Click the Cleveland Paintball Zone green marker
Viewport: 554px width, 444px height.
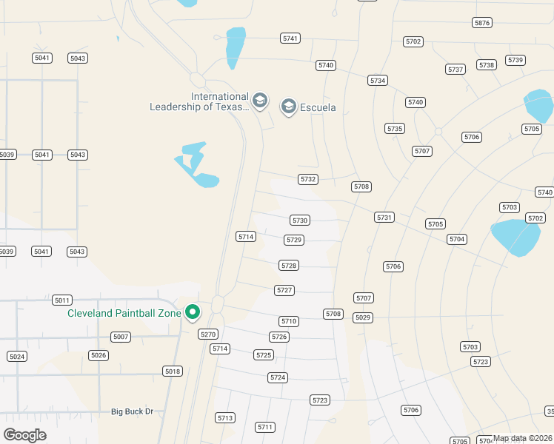click(193, 313)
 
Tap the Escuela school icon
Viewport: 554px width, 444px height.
click(289, 107)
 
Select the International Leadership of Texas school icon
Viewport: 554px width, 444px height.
click(259, 100)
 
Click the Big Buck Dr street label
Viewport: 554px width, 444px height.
click(132, 411)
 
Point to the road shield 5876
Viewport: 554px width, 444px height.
click(482, 23)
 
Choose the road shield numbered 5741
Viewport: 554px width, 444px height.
click(290, 38)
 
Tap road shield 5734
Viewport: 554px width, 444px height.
click(378, 80)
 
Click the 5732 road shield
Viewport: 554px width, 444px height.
click(308, 179)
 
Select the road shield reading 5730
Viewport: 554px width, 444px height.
click(300, 221)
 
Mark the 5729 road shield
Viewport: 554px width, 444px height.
click(294, 240)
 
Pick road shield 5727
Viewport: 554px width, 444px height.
click(284, 290)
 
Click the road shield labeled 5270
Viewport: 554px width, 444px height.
click(208, 334)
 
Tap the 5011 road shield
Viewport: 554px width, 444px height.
click(62, 300)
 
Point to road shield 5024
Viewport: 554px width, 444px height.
click(17, 356)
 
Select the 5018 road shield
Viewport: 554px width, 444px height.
click(172, 371)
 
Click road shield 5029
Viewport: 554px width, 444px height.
click(362, 317)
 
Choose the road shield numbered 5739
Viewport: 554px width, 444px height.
click(515, 60)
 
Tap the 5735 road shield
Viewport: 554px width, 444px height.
click(395, 129)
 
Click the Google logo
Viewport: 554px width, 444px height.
click(24, 435)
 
